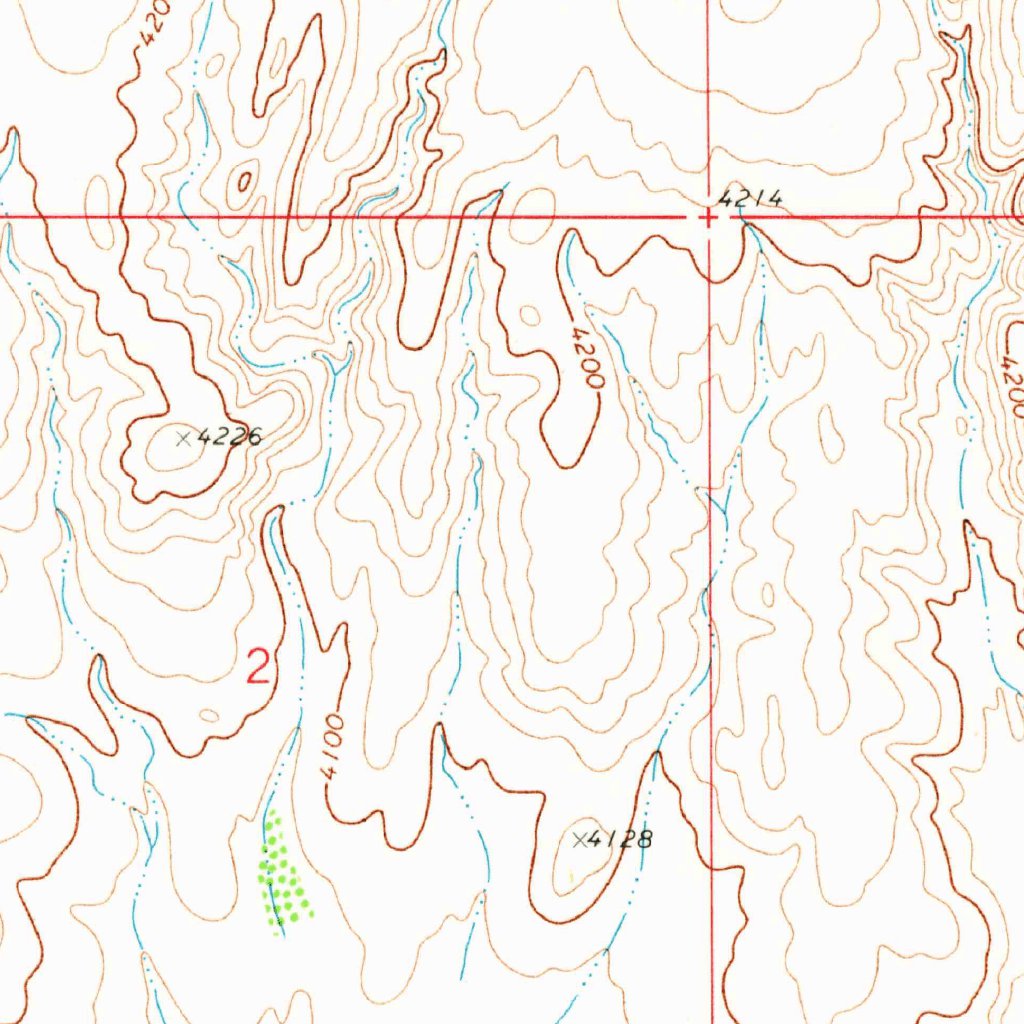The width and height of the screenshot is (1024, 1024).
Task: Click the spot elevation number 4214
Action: click(x=750, y=200)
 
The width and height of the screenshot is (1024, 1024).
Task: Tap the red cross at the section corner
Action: click(x=708, y=217)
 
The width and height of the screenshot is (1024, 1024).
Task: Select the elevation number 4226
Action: click(x=230, y=437)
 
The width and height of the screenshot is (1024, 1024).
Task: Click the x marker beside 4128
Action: click(x=579, y=840)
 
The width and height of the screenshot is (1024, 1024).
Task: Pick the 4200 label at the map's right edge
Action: click(x=1010, y=385)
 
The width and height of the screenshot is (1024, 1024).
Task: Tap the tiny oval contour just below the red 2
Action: click(x=209, y=715)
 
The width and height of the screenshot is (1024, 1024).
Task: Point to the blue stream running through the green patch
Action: click(x=272, y=870)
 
